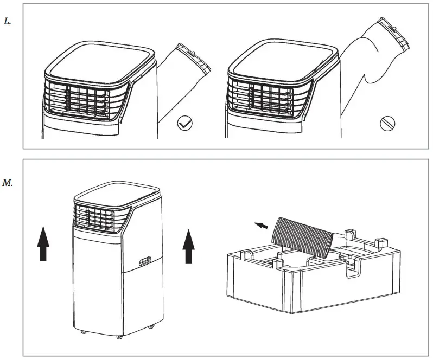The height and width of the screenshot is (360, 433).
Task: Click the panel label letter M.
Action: (8, 182)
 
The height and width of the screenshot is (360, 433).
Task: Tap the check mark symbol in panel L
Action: (185, 124)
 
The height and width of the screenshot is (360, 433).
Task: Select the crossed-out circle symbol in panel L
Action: (387, 123)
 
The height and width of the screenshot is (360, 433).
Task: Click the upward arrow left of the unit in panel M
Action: (43, 244)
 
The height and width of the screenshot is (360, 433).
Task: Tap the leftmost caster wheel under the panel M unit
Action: (82, 332)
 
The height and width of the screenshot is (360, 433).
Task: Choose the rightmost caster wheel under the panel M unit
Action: (151, 325)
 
